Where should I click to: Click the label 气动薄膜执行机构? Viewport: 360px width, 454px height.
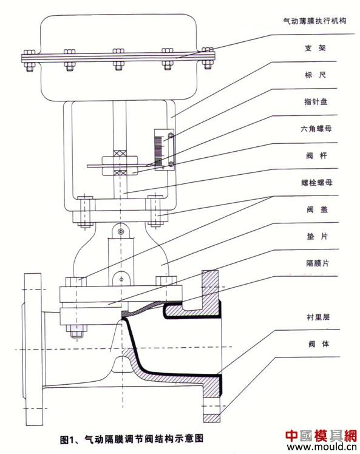pos(314,21)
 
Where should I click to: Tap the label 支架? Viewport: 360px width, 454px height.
pos(316,48)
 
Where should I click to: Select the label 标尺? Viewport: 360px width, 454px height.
pos(316,75)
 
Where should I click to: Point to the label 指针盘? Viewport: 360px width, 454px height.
pos(316,101)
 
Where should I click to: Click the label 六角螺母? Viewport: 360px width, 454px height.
pos(316,129)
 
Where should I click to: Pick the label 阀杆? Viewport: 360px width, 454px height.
pos(316,156)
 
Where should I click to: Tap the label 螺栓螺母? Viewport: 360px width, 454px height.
pos(317,183)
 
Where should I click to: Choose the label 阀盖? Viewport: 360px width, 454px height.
pos(317,209)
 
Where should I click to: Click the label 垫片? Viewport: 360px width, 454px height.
pos(317,236)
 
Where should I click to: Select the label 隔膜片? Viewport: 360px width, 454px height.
pos(318,263)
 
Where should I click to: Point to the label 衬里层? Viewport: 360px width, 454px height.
pos(318,317)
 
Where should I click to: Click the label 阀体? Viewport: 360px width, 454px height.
pos(319,344)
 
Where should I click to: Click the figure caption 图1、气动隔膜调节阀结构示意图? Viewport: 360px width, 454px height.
pos(132,439)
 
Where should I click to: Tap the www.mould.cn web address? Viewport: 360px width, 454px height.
pos(321,447)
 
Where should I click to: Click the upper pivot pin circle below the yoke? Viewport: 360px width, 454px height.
pos(121,231)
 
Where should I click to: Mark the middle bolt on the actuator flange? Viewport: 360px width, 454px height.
pos(118,59)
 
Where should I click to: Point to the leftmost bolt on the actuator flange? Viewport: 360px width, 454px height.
pos(29,60)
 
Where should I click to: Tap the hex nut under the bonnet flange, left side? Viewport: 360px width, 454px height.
pos(76,330)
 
